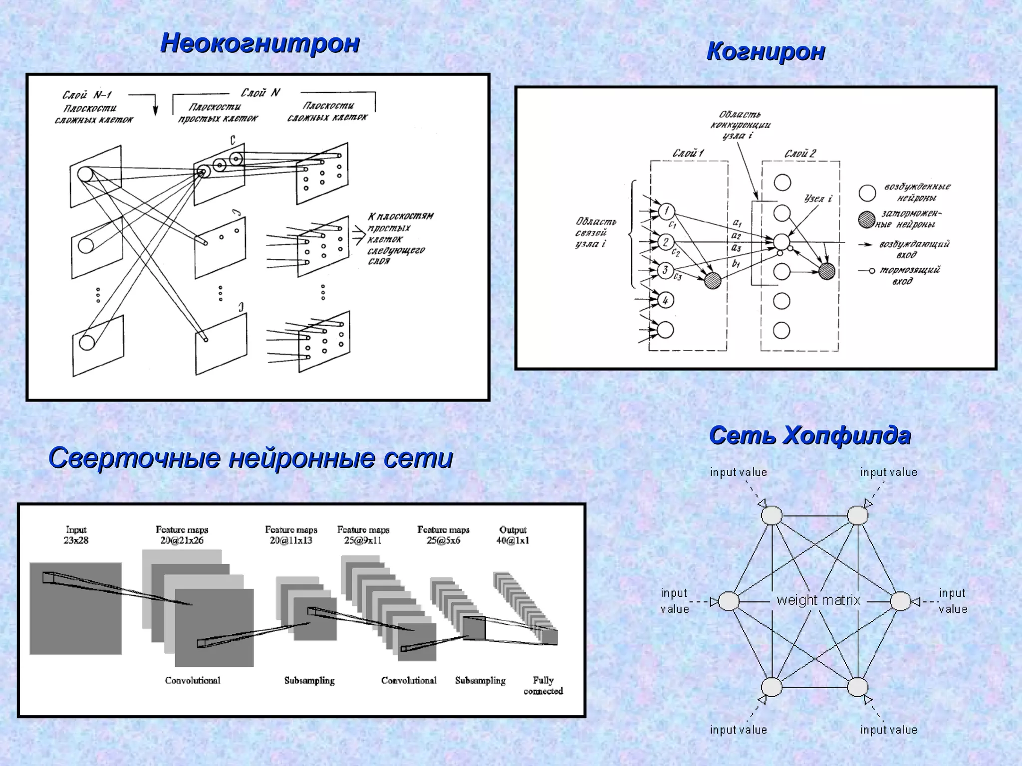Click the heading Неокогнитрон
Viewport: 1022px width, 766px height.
260,43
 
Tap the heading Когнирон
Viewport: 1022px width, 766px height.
766,51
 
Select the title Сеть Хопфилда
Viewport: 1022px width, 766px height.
810,436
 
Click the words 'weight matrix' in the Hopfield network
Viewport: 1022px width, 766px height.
818,600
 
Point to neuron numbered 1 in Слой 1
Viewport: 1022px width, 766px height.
666,211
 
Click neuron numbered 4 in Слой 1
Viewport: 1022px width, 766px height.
666,300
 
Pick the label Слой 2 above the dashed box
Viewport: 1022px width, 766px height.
800,154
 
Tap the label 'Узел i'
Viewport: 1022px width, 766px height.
818,198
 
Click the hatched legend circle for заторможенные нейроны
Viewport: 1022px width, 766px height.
867,219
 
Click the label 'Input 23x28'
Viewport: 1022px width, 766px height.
76,535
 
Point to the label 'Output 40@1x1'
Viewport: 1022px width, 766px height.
512,535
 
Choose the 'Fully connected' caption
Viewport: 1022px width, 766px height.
543,686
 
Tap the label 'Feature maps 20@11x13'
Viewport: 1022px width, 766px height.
291,535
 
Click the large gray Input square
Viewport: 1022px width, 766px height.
75,608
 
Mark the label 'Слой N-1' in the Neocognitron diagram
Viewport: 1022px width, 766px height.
87,95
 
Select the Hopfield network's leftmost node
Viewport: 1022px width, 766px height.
729,601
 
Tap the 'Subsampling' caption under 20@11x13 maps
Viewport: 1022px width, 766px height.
309,681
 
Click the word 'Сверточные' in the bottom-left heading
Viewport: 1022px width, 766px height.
134,458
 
